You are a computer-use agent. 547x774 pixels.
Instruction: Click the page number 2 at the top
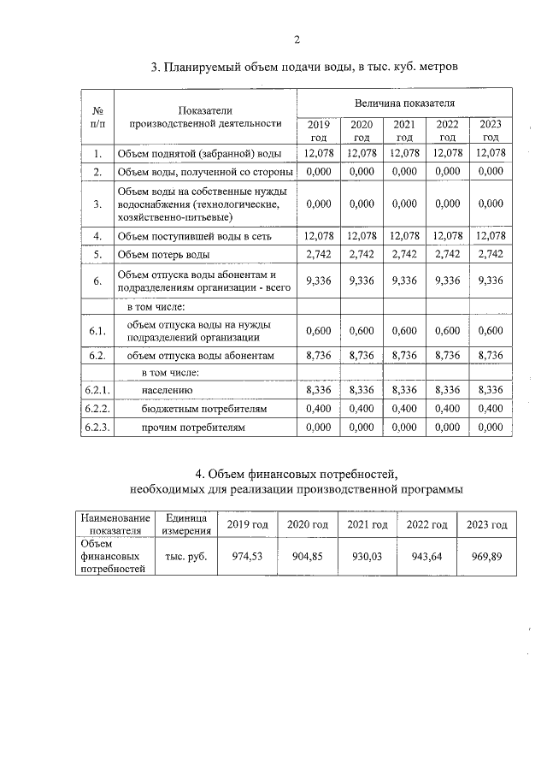pos(297,39)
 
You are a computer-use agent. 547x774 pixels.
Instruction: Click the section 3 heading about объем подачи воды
pos(305,67)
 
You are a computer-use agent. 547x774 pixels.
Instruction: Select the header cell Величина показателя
pos(404,103)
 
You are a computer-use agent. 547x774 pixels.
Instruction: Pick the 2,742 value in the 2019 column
pos(317,255)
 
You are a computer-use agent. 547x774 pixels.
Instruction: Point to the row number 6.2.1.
pos(98,390)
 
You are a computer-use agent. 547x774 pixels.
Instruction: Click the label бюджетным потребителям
pos(193,409)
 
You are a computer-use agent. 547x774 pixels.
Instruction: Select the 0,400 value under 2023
pos(491,409)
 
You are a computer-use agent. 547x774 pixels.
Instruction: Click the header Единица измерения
pos(185,523)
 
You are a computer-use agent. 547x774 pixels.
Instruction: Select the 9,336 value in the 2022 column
pos(447,280)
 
